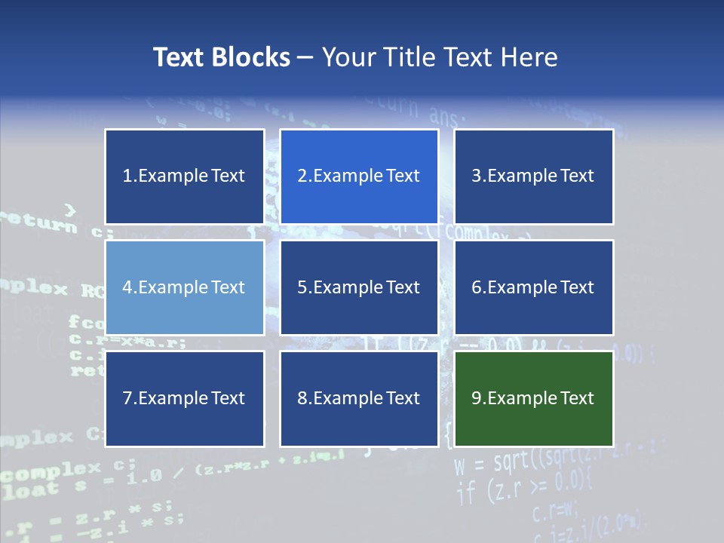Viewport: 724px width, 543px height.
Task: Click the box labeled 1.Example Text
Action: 184,176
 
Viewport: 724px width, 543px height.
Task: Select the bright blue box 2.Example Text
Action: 359,176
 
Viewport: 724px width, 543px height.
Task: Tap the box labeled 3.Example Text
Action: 533,176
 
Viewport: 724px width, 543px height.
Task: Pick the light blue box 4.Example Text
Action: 184,287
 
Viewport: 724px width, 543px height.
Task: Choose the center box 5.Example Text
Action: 359,287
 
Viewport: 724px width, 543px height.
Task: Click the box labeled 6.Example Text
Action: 533,287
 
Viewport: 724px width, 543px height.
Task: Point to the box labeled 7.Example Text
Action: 184,398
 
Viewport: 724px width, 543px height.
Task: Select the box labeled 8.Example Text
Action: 359,398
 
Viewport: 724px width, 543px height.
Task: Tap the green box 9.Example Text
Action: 533,398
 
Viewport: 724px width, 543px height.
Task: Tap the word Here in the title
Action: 532,57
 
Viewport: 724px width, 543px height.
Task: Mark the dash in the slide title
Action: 305,57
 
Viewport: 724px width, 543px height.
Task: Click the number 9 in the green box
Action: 477,398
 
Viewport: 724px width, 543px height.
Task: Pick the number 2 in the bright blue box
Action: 302,176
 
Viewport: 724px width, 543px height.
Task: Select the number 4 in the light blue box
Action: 127,287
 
